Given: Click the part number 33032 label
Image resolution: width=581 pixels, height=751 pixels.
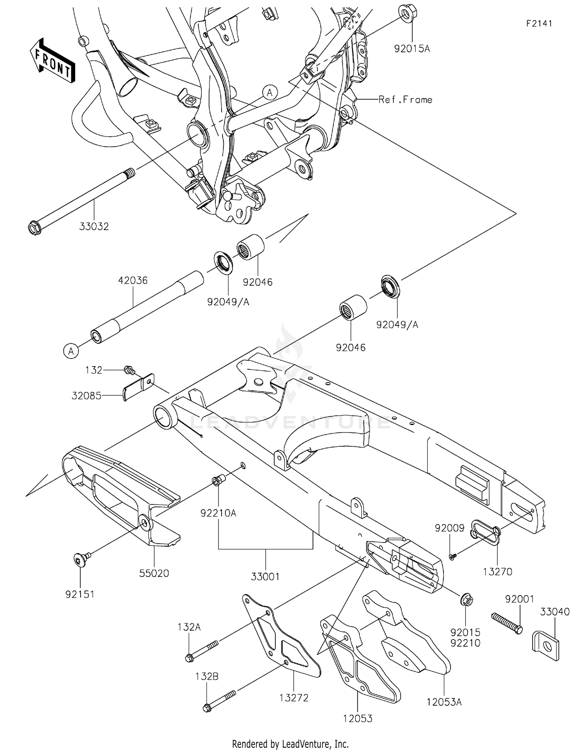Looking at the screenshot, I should pyautogui.click(x=94, y=227).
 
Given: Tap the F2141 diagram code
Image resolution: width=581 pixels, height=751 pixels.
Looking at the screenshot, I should pyautogui.click(x=539, y=24).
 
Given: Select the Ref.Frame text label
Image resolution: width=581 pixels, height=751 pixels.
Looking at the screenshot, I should pyautogui.click(x=405, y=100).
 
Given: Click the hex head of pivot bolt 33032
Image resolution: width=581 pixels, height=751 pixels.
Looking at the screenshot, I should pyautogui.click(x=35, y=228).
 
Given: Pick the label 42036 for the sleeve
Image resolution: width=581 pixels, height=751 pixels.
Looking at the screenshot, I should pyautogui.click(x=133, y=280).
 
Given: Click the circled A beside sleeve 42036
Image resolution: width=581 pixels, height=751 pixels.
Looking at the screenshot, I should pyautogui.click(x=71, y=351).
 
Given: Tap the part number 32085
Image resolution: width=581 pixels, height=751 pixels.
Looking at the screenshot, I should pyautogui.click(x=86, y=396).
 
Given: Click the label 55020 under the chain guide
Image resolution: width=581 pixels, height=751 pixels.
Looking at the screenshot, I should pyautogui.click(x=154, y=573).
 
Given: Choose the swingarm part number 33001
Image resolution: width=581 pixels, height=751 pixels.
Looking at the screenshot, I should pyautogui.click(x=265, y=577).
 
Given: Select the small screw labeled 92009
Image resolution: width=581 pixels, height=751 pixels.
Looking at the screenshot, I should pyautogui.click(x=452, y=556).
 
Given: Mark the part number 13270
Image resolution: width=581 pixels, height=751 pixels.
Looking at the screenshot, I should pyautogui.click(x=498, y=571).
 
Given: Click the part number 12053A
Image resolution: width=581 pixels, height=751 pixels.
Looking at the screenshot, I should pyautogui.click(x=444, y=702).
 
